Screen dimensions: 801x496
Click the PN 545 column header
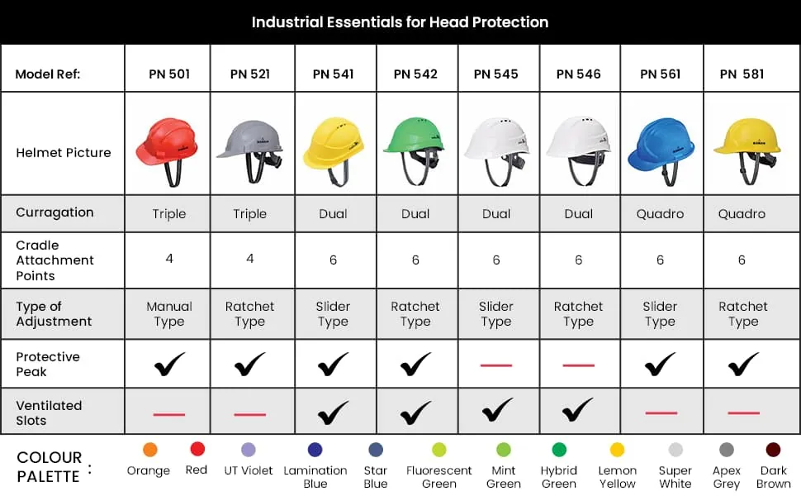pos(495,74)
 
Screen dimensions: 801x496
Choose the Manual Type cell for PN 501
pos(169,314)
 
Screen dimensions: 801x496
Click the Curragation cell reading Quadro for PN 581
pos(742,214)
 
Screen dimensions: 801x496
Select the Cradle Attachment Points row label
pos(55,260)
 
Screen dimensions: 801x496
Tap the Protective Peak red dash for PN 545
pos(496,365)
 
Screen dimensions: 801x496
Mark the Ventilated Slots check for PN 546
pos(578,410)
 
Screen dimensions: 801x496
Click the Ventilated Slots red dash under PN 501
pos(169,414)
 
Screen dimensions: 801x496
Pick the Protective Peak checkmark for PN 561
pos(660,364)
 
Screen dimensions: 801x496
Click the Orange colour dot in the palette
pos(150,450)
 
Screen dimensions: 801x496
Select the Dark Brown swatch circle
pos(774,450)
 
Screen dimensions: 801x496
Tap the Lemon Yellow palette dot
pos(617,450)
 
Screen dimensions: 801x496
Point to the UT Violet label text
pos(249,470)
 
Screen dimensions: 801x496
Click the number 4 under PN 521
pos(250,259)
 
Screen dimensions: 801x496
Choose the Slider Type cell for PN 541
pos(333,314)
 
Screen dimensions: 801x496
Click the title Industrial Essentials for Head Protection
pos(400,22)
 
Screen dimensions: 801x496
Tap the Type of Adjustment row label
pos(54,314)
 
